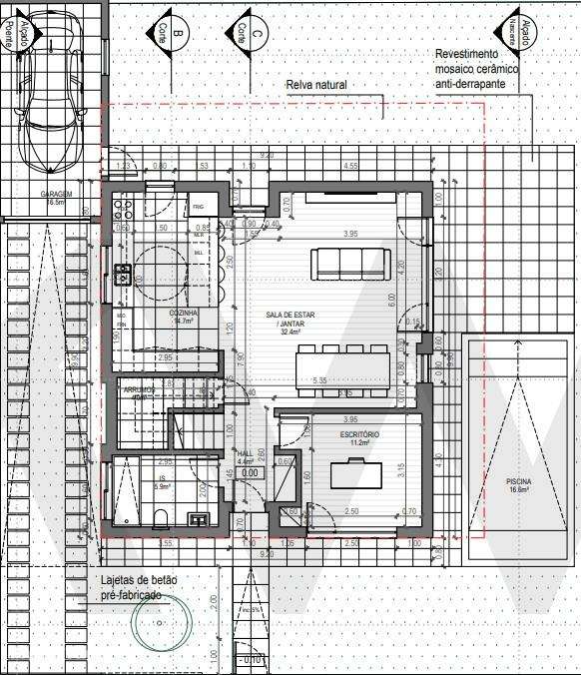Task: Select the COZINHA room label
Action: click(x=184, y=317)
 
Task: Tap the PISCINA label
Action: click(x=518, y=485)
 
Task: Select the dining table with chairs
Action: click(x=341, y=365)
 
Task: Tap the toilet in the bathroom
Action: click(x=160, y=516)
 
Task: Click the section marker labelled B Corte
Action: click(x=173, y=34)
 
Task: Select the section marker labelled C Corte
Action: click(x=250, y=34)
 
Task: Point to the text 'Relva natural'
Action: click(x=316, y=87)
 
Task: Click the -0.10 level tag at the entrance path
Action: click(x=251, y=660)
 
